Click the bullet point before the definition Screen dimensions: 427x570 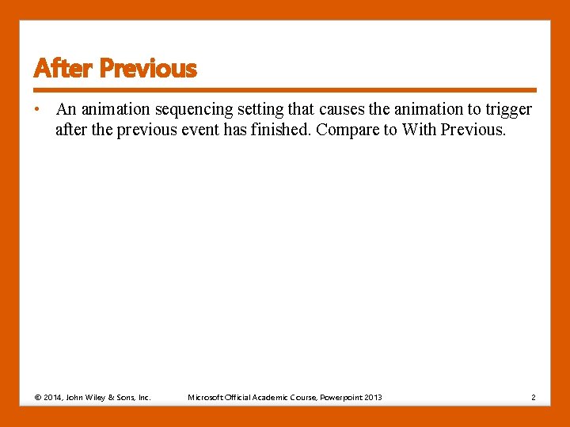point(37,109)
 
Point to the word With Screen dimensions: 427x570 point(419,130)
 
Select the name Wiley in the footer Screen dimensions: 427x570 point(102,397)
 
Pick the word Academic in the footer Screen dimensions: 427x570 point(271,397)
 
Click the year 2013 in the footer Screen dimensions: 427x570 point(373,397)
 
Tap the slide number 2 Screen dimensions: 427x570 point(534,397)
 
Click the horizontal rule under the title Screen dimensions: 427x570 point(285,90)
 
